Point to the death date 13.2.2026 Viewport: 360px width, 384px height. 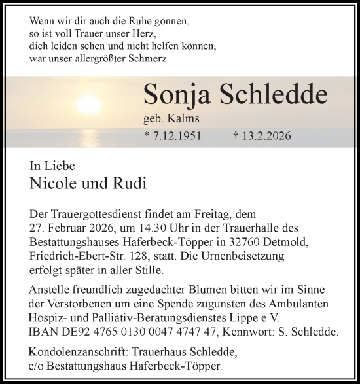click(x=266, y=137)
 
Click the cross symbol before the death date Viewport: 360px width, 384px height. click(x=234, y=137)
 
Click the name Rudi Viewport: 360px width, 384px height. click(x=129, y=183)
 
